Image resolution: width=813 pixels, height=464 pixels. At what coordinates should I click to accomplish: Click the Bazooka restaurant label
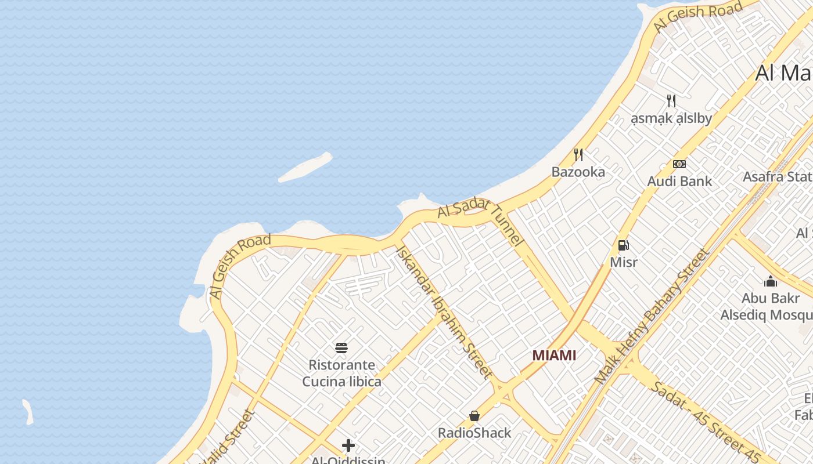pyautogui.click(x=578, y=172)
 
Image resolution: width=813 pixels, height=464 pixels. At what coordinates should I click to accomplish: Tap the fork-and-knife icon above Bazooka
pyautogui.click(x=578, y=155)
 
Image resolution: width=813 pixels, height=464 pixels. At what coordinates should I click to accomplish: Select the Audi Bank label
pyautogui.click(x=679, y=181)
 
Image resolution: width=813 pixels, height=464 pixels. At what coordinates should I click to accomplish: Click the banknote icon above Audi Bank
pyautogui.click(x=679, y=164)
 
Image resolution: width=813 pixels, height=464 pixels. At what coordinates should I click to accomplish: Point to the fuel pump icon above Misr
pyautogui.click(x=624, y=245)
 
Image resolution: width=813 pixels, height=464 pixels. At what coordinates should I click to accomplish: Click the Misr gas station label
pyautogui.click(x=624, y=262)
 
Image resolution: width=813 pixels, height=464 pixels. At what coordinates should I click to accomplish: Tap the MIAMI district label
pyautogui.click(x=554, y=355)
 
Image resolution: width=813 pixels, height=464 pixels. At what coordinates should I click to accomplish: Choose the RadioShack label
pyautogui.click(x=474, y=433)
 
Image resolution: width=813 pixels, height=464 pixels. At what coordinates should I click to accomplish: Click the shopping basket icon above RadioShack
pyautogui.click(x=474, y=416)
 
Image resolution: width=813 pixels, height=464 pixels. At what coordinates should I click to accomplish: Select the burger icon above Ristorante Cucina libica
pyautogui.click(x=341, y=348)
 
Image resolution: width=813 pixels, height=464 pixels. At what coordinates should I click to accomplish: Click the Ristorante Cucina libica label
pyautogui.click(x=341, y=373)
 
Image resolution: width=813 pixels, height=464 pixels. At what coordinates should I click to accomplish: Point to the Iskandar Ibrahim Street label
pyautogui.click(x=444, y=311)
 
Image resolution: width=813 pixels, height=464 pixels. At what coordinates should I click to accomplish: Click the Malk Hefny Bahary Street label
pyautogui.click(x=652, y=316)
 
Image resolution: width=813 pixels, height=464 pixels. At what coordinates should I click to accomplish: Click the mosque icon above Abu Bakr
pyautogui.click(x=771, y=281)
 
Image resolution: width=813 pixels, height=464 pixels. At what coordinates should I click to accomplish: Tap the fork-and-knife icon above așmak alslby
pyautogui.click(x=671, y=101)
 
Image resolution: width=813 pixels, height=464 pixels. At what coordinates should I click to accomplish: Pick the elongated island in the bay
pyautogui.click(x=305, y=168)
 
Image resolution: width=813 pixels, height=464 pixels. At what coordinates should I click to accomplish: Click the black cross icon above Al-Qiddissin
pyautogui.click(x=348, y=445)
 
